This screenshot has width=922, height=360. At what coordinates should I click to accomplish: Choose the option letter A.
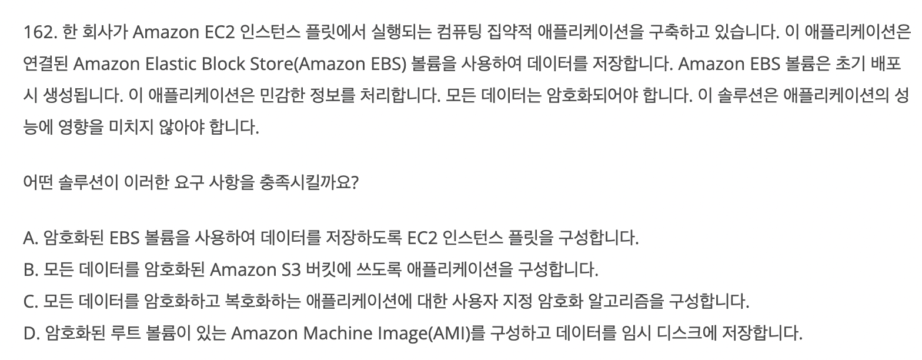pyautogui.click(x=30, y=239)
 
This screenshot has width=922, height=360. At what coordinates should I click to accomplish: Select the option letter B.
pyautogui.click(x=30, y=271)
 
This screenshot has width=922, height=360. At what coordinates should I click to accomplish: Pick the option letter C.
pyautogui.click(x=30, y=302)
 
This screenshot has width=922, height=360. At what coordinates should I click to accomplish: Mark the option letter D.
pyautogui.click(x=31, y=334)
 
